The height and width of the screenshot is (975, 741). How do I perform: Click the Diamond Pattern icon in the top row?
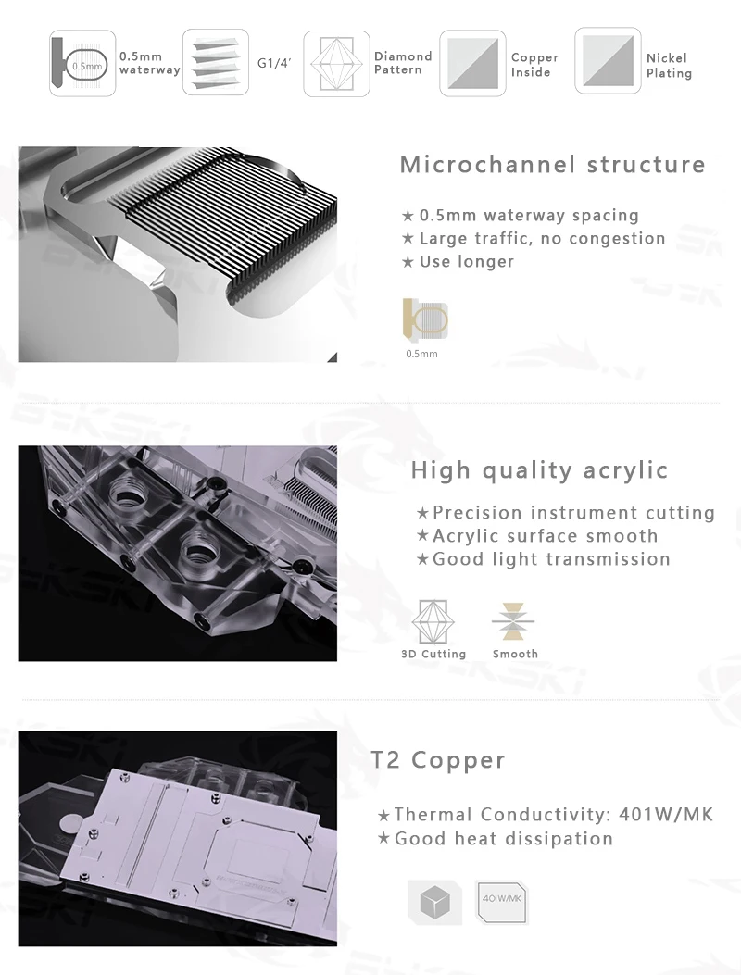click(336, 63)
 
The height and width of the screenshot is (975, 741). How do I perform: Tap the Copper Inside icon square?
click(472, 63)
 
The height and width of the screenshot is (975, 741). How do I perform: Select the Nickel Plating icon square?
click(608, 61)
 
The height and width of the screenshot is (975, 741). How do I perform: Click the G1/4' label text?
click(274, 63)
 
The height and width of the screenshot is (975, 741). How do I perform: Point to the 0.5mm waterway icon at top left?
click(82, 63)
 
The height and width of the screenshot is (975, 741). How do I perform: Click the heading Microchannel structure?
click(552, 165)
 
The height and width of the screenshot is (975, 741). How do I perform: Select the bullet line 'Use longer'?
click(458, 262)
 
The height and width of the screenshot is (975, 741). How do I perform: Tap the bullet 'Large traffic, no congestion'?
click(534, 238)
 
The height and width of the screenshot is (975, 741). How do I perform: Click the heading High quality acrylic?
click(539, 470)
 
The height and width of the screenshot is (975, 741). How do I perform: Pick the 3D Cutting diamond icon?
click(433, 622)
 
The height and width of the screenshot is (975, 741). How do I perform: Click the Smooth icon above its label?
click(513, 621)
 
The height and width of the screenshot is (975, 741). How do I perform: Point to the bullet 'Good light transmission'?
click(543, 559)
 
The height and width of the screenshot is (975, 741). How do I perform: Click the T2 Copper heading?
click(438, 760)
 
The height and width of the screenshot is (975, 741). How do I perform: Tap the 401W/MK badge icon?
click(501, 902)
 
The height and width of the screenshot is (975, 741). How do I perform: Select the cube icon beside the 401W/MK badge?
click(434, 902)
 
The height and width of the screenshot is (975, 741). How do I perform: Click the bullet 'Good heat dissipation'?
click(496, 839)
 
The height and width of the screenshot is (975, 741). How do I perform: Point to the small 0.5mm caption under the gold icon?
click(421, 354)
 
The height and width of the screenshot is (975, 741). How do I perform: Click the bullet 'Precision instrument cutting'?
click(566, 513)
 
